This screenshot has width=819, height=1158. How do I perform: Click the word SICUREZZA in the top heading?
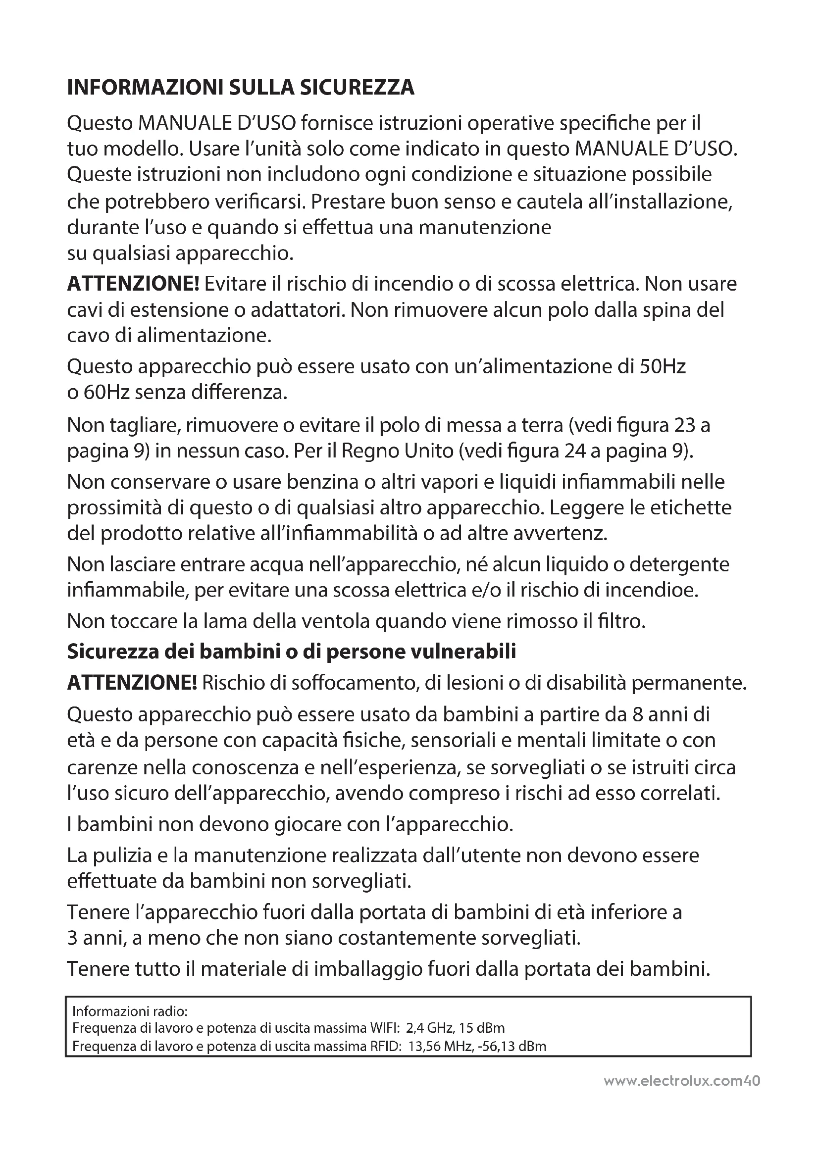(x=357, y=88)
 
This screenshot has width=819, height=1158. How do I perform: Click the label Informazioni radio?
(x=130, y=1011)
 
